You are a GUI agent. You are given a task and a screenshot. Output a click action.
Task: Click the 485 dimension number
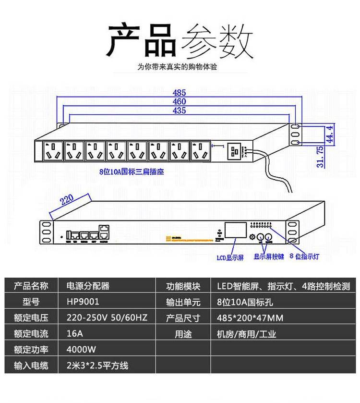tap(179, 92)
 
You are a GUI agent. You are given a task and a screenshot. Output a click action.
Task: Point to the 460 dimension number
tap(179, 101)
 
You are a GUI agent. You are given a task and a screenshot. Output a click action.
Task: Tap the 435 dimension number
tap(179, 111)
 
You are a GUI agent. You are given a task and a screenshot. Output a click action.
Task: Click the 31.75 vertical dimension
tap(320, 157)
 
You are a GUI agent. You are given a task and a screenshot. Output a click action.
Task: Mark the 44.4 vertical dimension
tap(329, 134)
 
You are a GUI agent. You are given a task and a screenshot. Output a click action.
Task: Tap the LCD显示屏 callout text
tap(230, 258)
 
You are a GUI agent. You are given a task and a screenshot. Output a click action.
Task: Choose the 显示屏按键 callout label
tap(268, 256)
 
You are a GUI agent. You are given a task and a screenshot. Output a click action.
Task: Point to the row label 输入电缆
tap(31, 366)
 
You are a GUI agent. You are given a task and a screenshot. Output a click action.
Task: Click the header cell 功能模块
tap(183, 286)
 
